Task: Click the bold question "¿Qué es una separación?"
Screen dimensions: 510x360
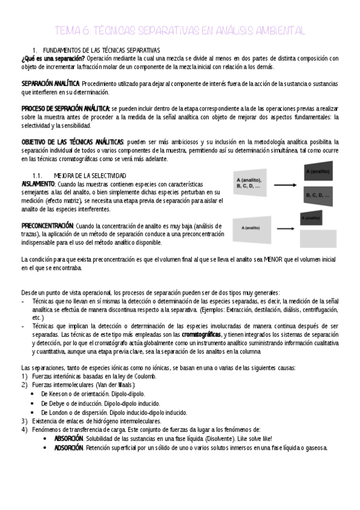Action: pyautogui.click(x=53, y=58)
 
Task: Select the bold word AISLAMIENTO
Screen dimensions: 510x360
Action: pyautogui.click(x=38, y=183)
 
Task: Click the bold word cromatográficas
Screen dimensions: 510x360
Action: pyautogui.click(x=201, y=334)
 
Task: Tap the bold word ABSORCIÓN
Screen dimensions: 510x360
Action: pyautogui.click(x=69, y=438)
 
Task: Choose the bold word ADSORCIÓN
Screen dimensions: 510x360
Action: pyautogui.click(x=69, y=447)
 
